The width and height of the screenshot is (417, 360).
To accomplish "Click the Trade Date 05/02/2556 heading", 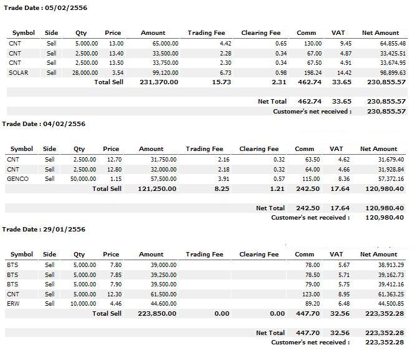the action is click(x=46, y=7).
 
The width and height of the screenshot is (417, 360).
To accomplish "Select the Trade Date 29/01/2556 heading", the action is click(x=44, y=229).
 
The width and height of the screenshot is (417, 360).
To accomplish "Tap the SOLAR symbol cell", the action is click(x=18, y=73).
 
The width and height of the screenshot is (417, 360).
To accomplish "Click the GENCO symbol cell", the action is click(x=17, y=178).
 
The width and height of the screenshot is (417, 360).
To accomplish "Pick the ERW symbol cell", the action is click(x=13, y=304).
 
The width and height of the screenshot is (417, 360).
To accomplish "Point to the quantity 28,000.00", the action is click(x=85, y=73).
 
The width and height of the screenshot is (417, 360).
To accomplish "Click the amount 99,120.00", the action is click(x=165, y=73).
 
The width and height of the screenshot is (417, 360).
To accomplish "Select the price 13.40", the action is click(x=116, y=53).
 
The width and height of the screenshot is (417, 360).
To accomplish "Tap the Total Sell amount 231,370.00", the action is click(x=159, y=82).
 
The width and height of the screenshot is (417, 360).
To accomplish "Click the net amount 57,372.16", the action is click(x=391, y=178).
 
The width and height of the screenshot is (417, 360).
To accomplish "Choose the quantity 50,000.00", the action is click(x=84, y=178).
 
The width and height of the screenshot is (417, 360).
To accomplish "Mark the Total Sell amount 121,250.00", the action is click(x=157, y=189).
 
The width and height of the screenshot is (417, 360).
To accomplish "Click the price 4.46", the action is click(x=116, y=304).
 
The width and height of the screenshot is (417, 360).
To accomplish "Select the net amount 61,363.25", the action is click(x=391, y=294).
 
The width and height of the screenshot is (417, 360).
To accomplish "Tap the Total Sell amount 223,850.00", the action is click(x=157, y=314).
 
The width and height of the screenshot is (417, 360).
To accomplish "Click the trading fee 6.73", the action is click(x=226, y=73).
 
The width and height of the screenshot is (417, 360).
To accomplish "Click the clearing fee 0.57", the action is click(x=279, y=178).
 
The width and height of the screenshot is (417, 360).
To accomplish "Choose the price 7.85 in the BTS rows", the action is click(x=116, y=275).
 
